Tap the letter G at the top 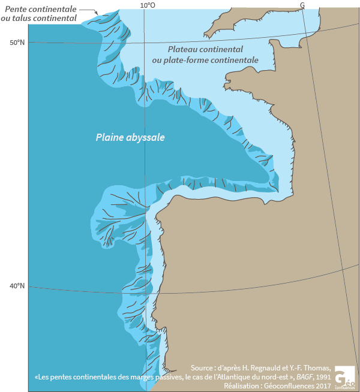pyautogui.click(x=302, y=5)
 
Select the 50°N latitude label pyautogui.click(x=17, y=43)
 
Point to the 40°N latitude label pyautogui.click(x=17, y=285)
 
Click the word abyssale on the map pyautogui.click(x=146, y=137)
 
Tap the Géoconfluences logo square pyautogui.click(x=344, y=376)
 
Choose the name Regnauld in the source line pyautogui.click(x=271, y=367)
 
